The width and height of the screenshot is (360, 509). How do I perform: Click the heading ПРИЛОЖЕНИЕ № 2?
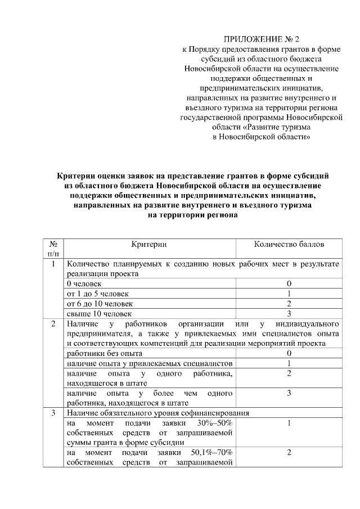[x=262, y=39]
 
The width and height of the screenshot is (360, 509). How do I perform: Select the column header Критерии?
[x=149, y=245]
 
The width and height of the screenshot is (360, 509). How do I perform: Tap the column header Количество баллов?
[x=289, y=245]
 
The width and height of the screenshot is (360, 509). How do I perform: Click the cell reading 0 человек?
[x=84, y=284]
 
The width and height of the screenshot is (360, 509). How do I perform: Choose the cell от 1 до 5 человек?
[x=97, y=294]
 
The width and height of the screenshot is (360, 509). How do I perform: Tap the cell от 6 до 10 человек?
[x=100, y=304]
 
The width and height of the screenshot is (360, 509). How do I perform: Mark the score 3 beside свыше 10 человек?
[x=289, y=313]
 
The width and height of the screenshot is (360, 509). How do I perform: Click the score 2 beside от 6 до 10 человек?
[x=289, y=304]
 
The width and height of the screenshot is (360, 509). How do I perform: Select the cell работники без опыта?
[x=104, y=353]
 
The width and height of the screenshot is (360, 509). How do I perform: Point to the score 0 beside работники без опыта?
[x=289, y=353]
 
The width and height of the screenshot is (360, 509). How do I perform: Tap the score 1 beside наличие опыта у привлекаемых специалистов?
[x=289, y=363]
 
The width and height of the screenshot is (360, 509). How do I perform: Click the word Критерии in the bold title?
[x=79, y=176]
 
